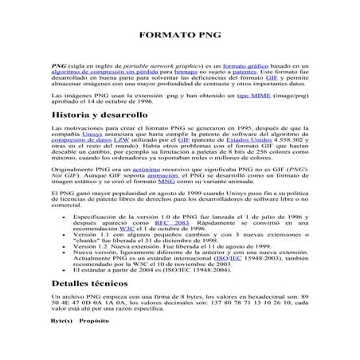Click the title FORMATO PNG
tap(179, 37)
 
